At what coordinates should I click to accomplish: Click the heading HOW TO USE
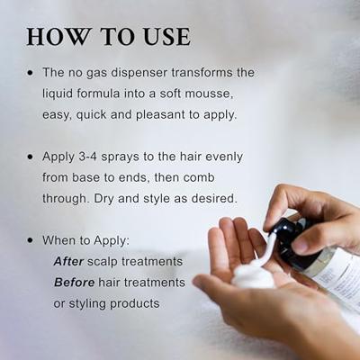[108, 37]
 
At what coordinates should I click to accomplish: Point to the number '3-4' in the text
[96, 156]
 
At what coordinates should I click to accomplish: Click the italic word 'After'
[69, 261]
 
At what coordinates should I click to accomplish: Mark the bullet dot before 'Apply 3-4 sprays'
[31, 157]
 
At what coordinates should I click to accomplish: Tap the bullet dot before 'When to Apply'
[31, 241]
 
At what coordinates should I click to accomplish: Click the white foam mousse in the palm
[253, 274]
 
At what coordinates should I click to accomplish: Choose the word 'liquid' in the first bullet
[62, 93]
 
